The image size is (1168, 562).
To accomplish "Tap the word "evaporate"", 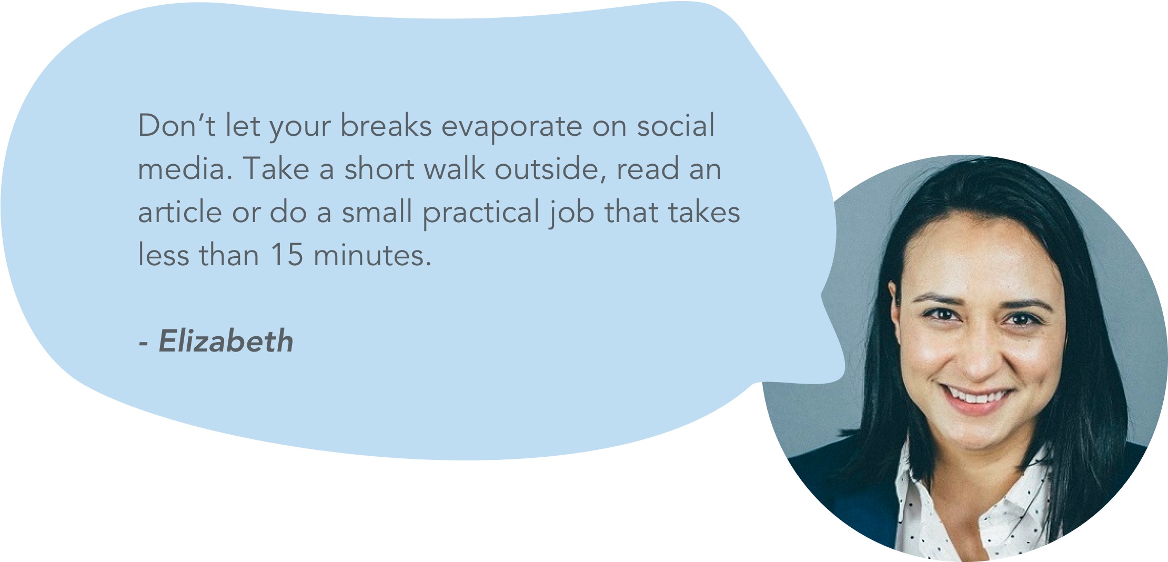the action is (511, 127).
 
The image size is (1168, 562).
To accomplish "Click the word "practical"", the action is (481, 214).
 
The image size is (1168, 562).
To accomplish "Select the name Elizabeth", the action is (226, 340).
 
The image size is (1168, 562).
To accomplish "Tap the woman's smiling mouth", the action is (976, 398).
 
